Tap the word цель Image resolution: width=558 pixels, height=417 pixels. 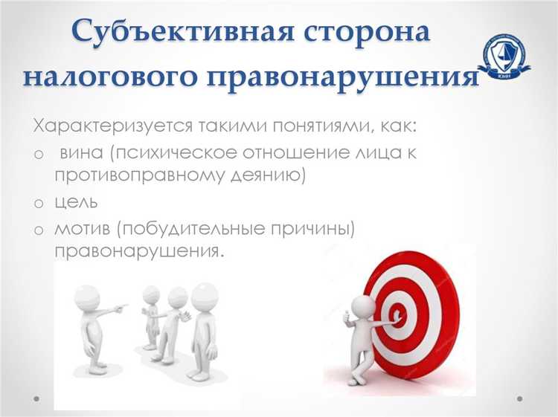coord(77,202)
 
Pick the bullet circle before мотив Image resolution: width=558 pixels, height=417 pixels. coord(39,229)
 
